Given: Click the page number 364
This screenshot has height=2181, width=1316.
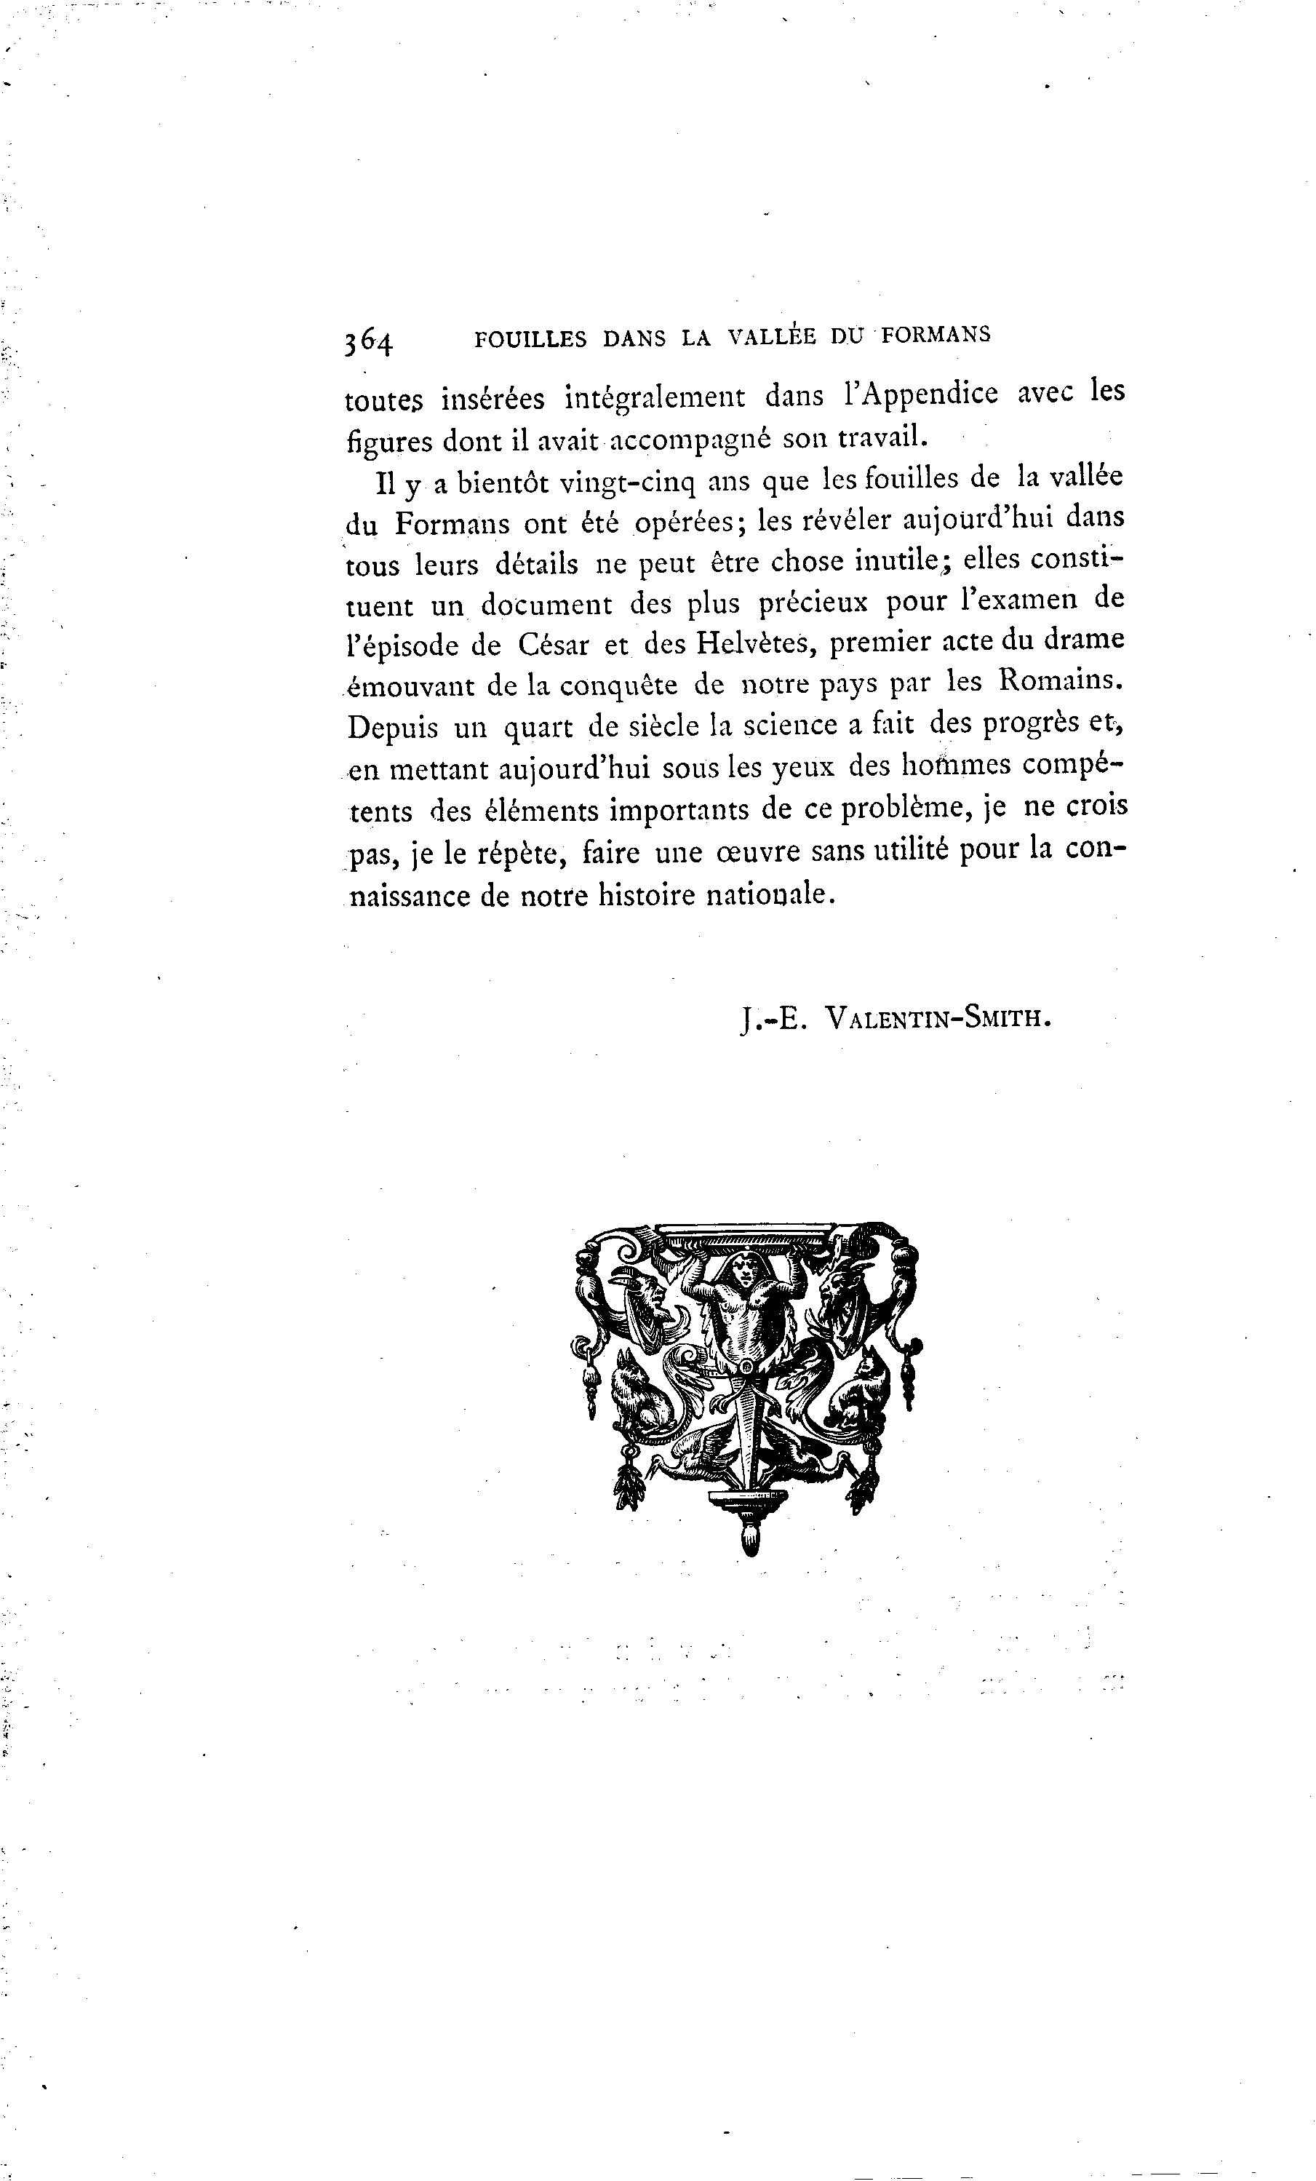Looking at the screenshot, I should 368,340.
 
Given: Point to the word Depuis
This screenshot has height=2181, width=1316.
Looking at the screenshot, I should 392,728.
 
